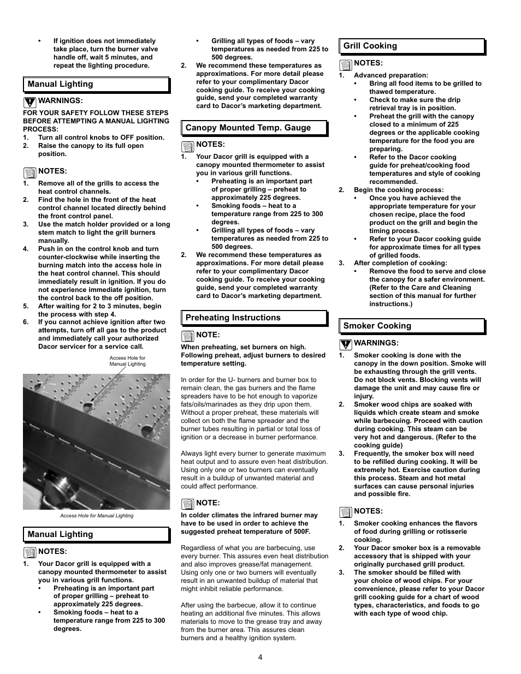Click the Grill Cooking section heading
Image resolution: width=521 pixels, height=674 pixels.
tap(370, 46)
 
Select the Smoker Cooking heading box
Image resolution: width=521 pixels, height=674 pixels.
tap(377, 326)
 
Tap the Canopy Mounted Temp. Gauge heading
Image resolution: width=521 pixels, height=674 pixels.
tap(248, 128)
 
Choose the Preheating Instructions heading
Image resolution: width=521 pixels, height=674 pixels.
tap(233, 318)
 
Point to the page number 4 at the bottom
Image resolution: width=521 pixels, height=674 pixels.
tap(260, 657)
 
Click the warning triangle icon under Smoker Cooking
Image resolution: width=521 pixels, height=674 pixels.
tap(345, 344)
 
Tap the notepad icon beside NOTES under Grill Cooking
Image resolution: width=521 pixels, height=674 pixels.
tap(345, 65)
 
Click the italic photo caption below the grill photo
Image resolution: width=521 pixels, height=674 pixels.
tap(97, 516)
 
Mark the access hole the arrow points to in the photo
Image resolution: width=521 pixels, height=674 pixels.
tap(87, 407)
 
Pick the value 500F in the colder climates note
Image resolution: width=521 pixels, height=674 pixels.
tap(300, 532)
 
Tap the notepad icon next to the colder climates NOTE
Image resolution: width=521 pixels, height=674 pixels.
tap(187, 504)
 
